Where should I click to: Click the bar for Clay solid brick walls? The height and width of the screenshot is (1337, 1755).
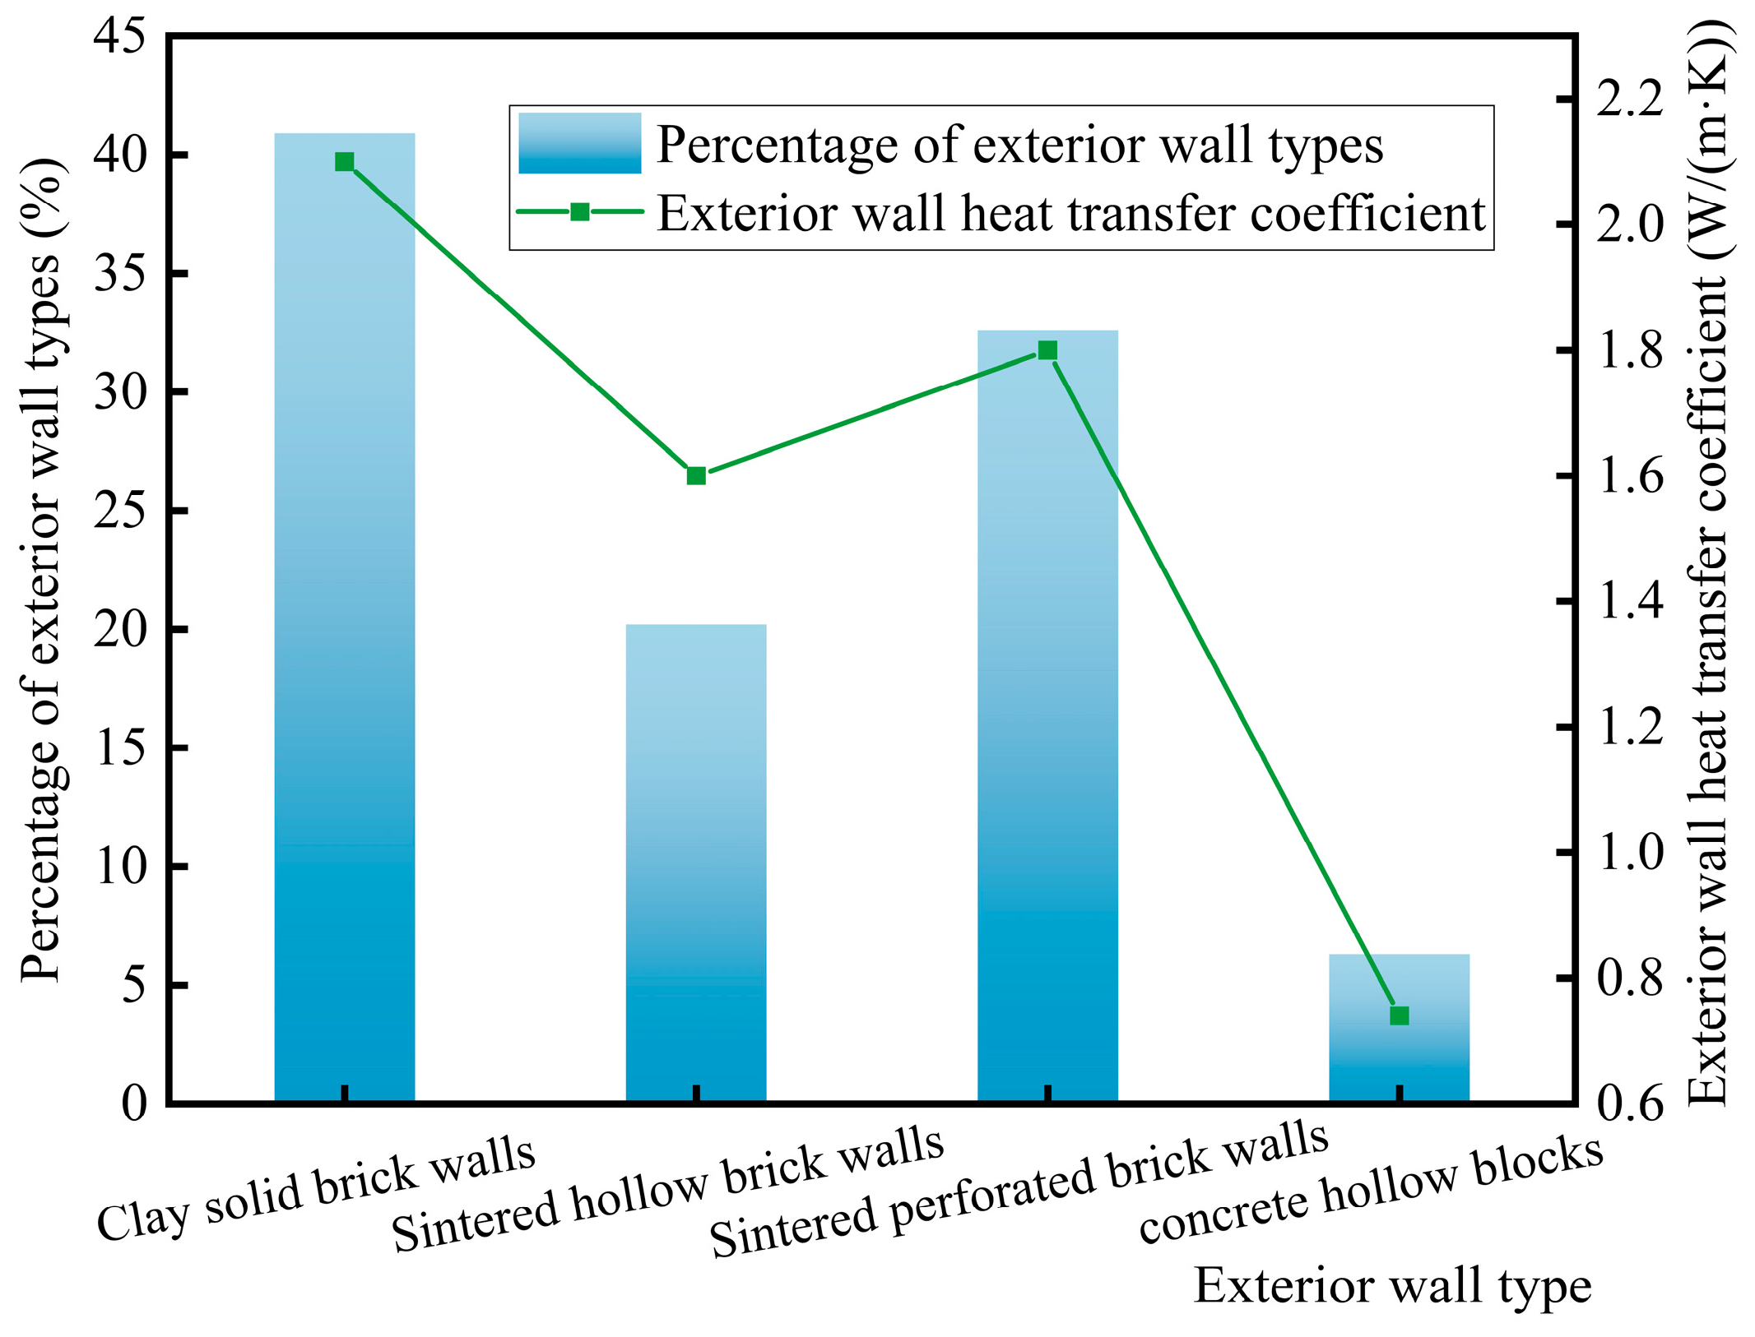point(344,617)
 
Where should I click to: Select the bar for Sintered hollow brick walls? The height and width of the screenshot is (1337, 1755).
point(695,863)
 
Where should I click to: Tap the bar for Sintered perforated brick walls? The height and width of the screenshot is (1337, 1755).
point(1047,715)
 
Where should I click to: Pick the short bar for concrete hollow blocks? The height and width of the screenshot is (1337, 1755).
point(1399,1061)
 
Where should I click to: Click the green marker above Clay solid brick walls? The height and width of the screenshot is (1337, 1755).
point(345,162)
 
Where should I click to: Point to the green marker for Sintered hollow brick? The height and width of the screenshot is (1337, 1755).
point(696,475)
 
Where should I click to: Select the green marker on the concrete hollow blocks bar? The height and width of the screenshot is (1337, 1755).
point(1399,1015)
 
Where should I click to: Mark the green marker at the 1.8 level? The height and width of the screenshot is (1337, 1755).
point(1047,350)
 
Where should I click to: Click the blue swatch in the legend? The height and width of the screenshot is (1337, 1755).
point(579,143)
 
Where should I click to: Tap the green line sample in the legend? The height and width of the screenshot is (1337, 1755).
point(579,212)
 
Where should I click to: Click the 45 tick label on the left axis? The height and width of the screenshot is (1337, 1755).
point(118,36)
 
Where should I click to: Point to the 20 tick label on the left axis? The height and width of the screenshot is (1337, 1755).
point(118,629)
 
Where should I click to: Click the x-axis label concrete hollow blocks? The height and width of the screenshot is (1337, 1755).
point(1370,1190)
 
